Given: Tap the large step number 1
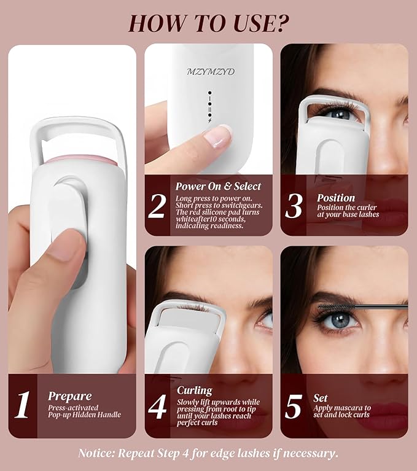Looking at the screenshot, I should [x=23, y=405].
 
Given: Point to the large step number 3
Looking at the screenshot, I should [x=294, y=206].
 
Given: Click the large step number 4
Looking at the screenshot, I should [x=157, y=406].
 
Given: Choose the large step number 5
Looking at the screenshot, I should [x=294, y=406].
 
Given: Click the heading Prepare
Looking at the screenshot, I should [x=70, y=396].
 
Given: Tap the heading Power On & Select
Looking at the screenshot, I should [x=218, y=186].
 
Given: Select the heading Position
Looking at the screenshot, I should [x=336, y=198].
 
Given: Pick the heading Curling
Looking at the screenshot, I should [x=194, y=391].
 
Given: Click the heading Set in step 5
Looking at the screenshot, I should [x=321, y=397].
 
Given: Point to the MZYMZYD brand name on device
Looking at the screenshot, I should [x=211, y=72].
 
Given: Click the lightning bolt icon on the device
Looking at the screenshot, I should [x=209, y=120].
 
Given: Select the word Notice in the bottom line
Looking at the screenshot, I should [x=97, y=453].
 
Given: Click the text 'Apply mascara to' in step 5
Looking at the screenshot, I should [x=342, y=408].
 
